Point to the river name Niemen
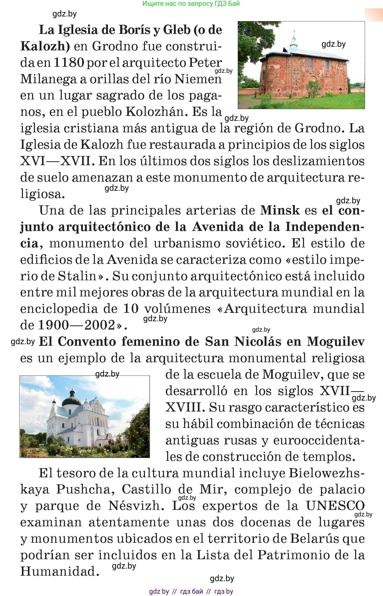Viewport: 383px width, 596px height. [198, 79]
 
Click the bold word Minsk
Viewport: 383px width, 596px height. [280, 210]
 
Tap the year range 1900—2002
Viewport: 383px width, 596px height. [77, 325]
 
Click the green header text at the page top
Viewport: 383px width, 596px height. [191, 4]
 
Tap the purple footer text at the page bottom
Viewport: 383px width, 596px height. [191, 591]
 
